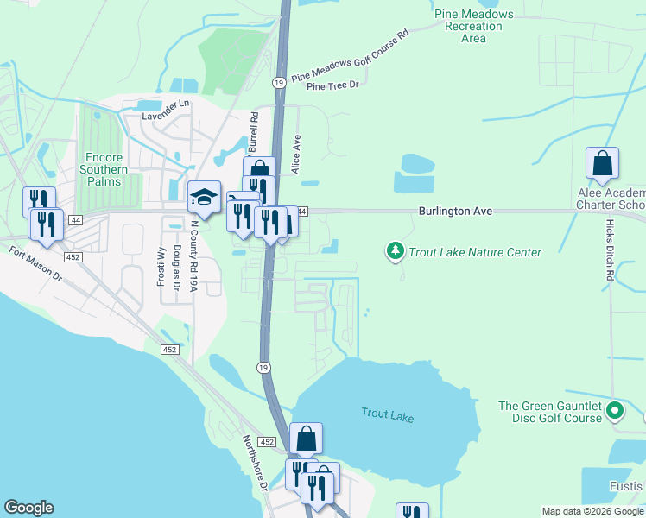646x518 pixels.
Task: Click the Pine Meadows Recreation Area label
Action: (x=473, y=26)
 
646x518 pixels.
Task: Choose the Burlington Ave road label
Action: (x=455, y=210)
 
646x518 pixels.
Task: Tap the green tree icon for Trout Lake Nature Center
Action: (x=396, y=251)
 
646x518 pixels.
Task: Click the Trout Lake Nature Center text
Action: (x=475, y=252)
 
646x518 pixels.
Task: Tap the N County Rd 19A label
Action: (x=194, y=258)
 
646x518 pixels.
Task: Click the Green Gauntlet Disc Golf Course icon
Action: (x=615, y=411)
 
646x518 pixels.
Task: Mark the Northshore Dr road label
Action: (x=254, y=463)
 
